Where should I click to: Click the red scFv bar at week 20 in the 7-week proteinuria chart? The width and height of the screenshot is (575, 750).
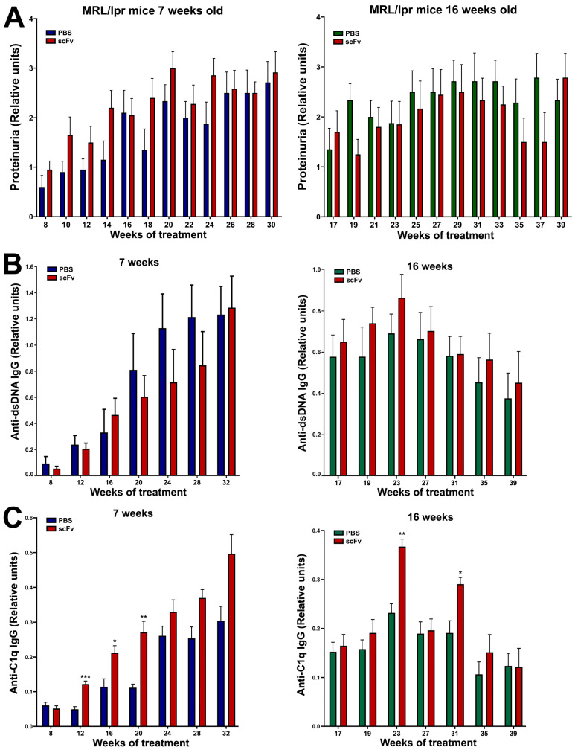click(173, 143)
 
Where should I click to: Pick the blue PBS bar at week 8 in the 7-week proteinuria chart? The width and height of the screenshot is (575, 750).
click(42, 202)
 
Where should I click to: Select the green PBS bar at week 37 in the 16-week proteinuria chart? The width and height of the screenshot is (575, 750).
click(537, 147)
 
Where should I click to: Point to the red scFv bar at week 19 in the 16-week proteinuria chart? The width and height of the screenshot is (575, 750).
click(358, 185)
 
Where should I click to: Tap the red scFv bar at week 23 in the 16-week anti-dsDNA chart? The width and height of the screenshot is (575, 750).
click(402, 386)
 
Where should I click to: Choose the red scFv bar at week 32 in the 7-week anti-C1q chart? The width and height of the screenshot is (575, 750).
click(232, 640)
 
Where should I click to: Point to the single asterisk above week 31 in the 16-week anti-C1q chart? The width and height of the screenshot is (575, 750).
click(460, 573)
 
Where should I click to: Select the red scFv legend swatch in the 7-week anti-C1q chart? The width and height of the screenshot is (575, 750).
click(51, 528)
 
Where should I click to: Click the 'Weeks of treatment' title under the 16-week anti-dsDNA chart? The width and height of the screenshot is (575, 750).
click(425, 492)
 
